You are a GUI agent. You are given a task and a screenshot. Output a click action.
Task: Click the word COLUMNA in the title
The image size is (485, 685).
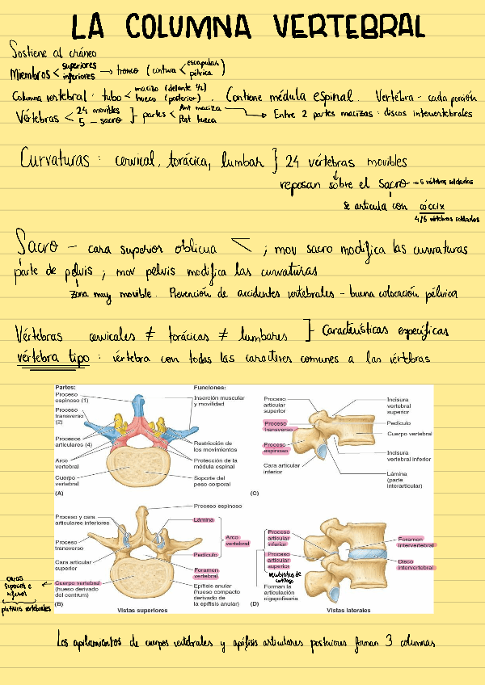point(196,27)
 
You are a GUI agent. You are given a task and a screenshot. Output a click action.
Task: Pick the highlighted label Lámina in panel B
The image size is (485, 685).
point(204,519)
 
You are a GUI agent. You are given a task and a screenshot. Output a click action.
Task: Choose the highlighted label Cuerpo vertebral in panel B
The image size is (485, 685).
point(78,582)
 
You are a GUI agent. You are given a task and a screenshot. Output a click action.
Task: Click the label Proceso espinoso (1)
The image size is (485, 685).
point(74,397)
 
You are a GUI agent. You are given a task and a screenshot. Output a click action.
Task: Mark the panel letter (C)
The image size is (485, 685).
point(255,492)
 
